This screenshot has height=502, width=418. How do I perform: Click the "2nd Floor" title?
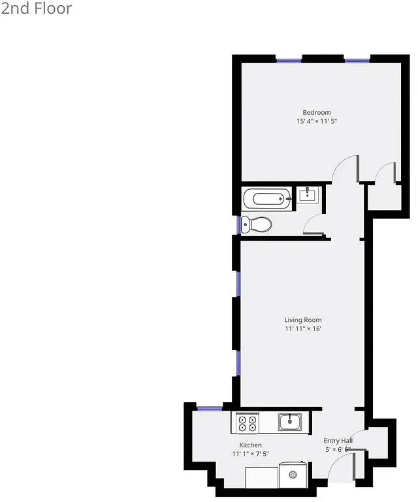[37, 8]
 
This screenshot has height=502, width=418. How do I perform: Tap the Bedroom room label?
[316, 113]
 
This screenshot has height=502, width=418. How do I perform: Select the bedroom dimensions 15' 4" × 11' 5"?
[316, 121]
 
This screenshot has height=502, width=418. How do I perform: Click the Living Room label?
[302, 320]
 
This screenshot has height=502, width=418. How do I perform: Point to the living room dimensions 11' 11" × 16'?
[302, 329]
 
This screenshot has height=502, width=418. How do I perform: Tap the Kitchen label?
[250, 445]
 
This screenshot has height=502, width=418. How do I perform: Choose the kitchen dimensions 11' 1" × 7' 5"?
[250, 454]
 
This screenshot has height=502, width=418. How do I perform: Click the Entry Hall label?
[338, 441]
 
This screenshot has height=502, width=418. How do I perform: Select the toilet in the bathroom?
[256, 225]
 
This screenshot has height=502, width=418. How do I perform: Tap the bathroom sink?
[307, 194]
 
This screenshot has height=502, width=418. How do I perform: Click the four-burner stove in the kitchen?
[247, 423]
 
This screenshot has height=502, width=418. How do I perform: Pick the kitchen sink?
[289, 422]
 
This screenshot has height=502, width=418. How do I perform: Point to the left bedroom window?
[289, 61]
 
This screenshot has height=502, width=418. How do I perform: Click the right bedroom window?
[357, 61]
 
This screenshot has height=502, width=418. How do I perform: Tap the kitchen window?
[210, 409]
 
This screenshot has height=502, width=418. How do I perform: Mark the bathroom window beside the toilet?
[238, 224]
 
